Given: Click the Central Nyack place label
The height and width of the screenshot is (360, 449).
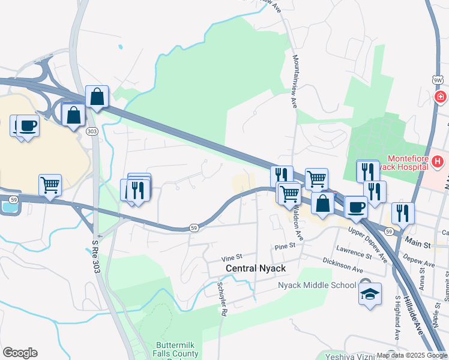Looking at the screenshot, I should point(256,268).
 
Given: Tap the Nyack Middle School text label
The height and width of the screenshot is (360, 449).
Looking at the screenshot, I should point(317,284).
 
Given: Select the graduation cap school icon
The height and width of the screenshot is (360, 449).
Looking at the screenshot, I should point(370,294).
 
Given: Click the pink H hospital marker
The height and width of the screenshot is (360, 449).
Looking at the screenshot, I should point(438,161).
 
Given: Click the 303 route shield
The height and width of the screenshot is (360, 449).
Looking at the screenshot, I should point(91,131).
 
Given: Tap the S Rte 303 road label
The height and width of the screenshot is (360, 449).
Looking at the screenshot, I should point(95,257).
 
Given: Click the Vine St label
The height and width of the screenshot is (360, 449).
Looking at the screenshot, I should point(231,257).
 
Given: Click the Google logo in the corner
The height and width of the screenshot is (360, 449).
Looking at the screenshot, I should point(20,353).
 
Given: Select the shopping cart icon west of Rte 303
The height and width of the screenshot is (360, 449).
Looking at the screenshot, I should point(50,185).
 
